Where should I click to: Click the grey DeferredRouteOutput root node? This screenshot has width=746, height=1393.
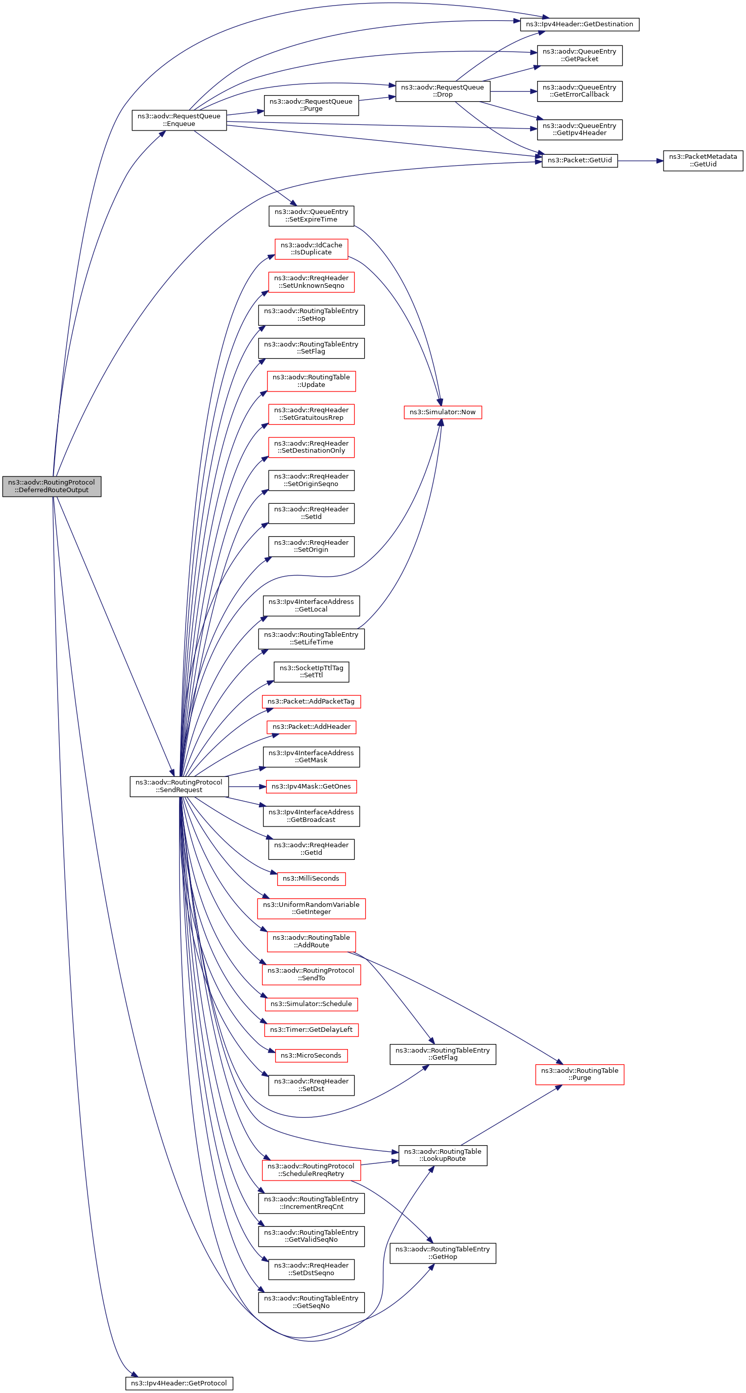[52, 486]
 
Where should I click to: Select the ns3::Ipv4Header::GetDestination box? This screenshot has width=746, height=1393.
[579, 24]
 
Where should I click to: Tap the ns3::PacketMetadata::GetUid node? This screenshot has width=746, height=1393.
[702, 161]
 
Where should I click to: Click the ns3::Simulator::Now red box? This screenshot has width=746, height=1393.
[442, 412]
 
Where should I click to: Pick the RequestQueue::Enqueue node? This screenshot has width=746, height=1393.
[179, 120]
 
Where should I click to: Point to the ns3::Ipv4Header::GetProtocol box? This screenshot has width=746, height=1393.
[179, 1383]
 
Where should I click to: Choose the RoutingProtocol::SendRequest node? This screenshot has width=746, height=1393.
[179, 786]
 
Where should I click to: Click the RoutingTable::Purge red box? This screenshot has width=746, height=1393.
[579, 1074]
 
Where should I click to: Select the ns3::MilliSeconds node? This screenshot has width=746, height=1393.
[311, 878]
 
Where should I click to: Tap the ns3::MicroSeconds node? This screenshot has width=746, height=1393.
[311, 1055]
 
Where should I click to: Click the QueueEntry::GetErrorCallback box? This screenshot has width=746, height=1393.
[579, 91]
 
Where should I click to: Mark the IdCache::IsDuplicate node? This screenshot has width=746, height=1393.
[311, 249]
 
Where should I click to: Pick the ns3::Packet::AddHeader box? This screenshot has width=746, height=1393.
[311, 727]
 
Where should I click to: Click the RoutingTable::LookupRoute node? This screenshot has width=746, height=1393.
[442, 1155]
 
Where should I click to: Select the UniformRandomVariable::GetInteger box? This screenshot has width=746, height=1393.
[311, 908]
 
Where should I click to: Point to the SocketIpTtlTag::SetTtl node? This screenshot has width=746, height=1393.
[311, 672]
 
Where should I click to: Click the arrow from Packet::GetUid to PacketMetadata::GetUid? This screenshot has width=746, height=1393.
[640, 161]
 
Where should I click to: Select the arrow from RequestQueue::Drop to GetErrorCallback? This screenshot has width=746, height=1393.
[513, 92]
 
